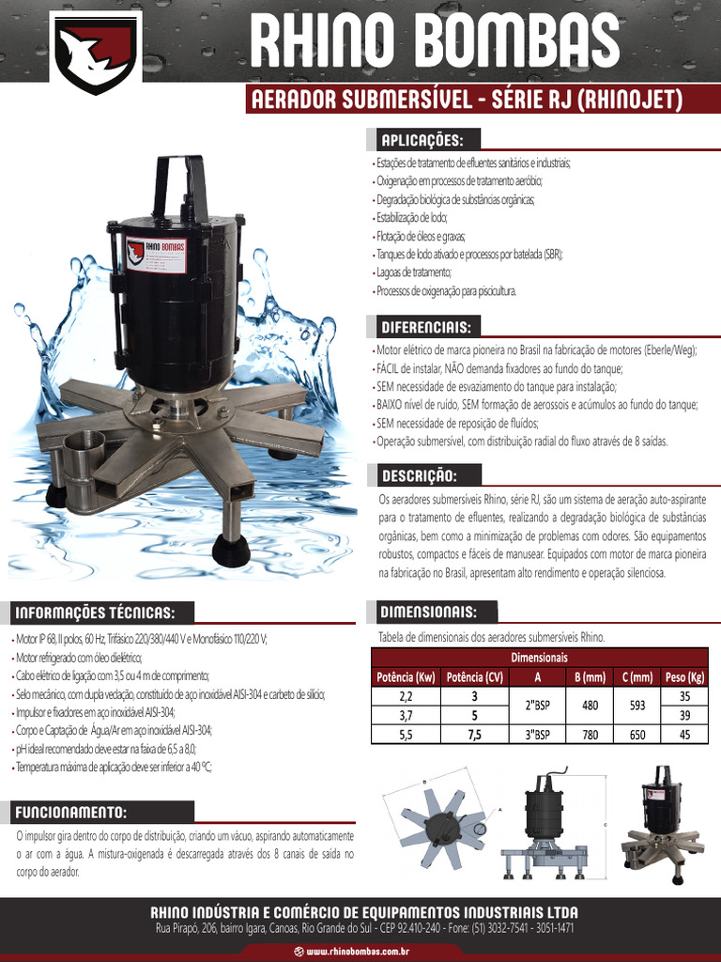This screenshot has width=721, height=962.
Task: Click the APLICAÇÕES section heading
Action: (x=422, y=140)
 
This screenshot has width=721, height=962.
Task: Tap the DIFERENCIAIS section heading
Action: (x=425, y=327)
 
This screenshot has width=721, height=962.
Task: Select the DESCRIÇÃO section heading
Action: (x=419, y=475)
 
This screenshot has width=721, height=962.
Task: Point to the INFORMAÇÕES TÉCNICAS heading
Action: (x=94, y=613)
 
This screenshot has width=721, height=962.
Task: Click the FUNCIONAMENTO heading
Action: (x=71, y=812)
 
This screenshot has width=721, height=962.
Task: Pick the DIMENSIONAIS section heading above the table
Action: (x=427, y=613)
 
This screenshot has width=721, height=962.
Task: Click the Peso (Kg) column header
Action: (x=684, y=676)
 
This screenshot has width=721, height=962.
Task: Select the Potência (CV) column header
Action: (x=475, y=676)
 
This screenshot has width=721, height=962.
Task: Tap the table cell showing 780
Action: (x=590, y=735)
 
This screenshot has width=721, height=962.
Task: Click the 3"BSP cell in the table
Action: (x=537, y=735)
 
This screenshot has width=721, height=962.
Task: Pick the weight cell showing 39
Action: (x=684, y=716)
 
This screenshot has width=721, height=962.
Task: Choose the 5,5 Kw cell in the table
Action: (x=406, y=735)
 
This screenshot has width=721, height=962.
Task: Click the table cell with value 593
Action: (x=637, y=706)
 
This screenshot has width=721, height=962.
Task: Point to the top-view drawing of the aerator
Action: (x=442, y=816)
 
